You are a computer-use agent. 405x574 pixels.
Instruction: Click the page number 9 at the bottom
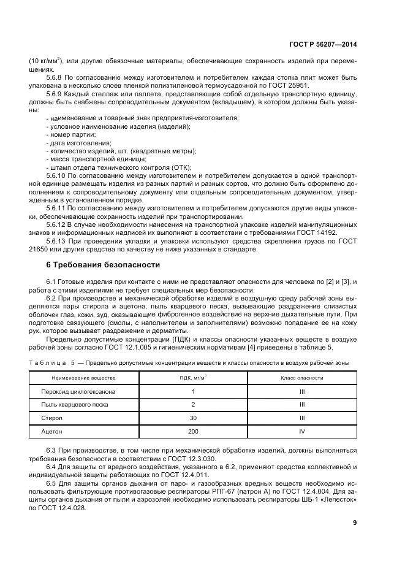[355, 522]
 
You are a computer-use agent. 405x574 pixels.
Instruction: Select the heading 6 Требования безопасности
[103, 265]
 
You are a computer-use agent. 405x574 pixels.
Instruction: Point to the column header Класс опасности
[301, 378]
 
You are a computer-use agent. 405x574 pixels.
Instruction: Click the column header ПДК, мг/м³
[193, 378]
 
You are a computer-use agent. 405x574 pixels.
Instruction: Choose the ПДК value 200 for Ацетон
[193, 433]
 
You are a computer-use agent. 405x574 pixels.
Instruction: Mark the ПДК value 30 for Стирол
[193, 419]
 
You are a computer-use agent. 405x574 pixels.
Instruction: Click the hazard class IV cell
[301, 433]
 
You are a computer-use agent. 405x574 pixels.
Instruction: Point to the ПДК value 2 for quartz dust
[193, 405]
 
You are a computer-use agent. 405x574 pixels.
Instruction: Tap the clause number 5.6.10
[57, 175]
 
